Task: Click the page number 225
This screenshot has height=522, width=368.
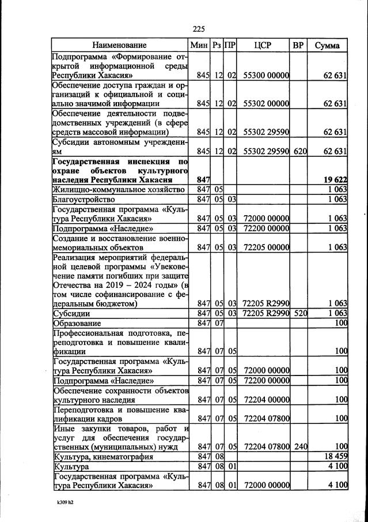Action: coord(199,29)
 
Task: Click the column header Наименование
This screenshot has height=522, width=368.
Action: coord(120,45)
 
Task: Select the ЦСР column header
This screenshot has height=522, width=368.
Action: coord(262,45)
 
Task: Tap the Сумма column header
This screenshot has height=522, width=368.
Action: coord(327,45)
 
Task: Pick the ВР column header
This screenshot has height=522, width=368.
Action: coord(298,45)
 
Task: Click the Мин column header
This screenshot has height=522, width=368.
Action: coord(201,45)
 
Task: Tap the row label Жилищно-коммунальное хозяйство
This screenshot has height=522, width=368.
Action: coord(118,189)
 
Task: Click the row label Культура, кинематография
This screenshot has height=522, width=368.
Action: coord(103,456)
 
